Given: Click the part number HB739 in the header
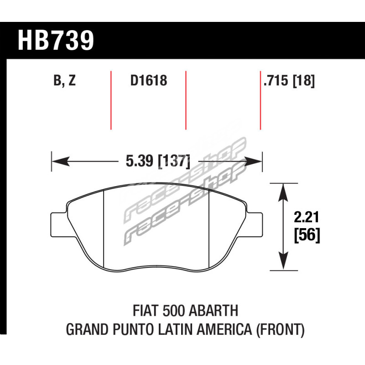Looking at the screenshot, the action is (56, 40).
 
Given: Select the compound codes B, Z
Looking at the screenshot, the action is (64, 81).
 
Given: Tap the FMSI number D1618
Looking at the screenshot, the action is (149, 80).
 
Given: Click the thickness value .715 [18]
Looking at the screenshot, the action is (289, 81).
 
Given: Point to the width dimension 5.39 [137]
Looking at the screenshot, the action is (158, 161).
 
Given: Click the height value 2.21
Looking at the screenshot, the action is (306, 217).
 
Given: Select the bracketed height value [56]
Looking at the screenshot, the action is (307, 235).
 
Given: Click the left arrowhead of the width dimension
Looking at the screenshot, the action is (61, 162).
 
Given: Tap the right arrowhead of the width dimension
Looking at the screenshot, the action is (253, 162).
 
